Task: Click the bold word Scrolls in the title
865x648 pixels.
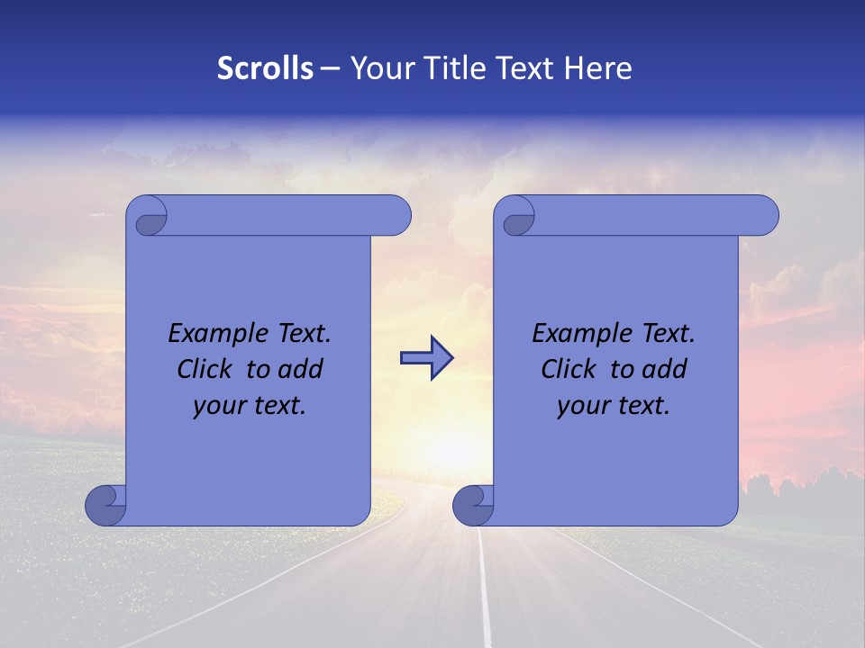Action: pyautogui.click(x=265, y=68)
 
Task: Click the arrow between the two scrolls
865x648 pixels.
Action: pyautogui.click(x=426, y=358)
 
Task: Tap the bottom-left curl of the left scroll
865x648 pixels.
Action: pyautogui.click(x=105, y=504)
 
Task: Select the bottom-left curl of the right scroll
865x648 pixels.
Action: pyautogui.click(x=473, y=504)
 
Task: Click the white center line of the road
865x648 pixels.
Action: pyautogui.click(x=484, y=594)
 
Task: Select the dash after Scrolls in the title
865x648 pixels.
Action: pyautogui.click(x=330, y=68)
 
